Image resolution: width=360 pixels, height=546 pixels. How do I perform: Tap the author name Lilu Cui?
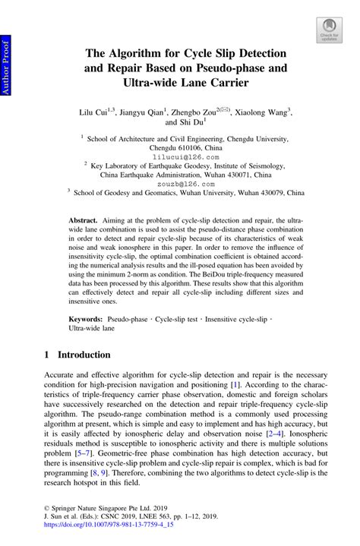98,112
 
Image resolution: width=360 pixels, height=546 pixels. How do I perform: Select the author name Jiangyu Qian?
147,112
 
